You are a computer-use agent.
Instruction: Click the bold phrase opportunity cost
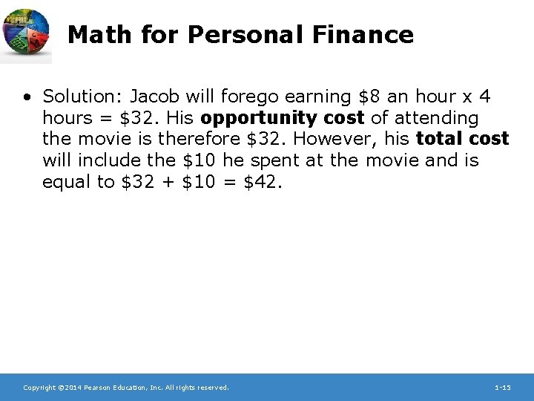point(282,118)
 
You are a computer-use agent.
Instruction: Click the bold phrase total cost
point(463,139)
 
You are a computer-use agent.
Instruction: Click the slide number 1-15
point(502,388)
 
